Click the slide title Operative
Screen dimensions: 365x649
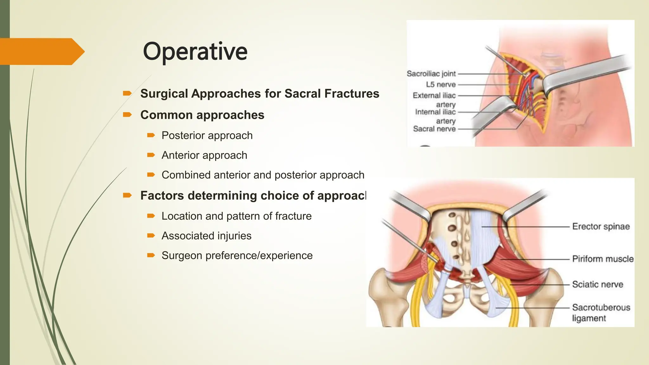195,51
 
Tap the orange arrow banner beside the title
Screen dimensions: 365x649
41,51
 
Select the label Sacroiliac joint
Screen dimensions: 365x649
431,74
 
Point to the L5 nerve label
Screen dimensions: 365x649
440,85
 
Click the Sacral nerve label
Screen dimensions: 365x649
434,129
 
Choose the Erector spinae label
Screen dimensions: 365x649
601,227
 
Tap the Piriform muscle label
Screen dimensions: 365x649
603,259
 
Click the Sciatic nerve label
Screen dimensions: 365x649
597,285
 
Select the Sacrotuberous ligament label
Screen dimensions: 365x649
601,312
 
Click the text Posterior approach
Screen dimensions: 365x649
207,136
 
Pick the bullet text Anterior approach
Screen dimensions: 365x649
204,155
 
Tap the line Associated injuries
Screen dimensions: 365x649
206,236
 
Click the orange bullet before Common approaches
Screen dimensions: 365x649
127,114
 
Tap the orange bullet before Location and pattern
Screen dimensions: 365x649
151,216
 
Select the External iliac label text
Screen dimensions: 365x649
434,95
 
